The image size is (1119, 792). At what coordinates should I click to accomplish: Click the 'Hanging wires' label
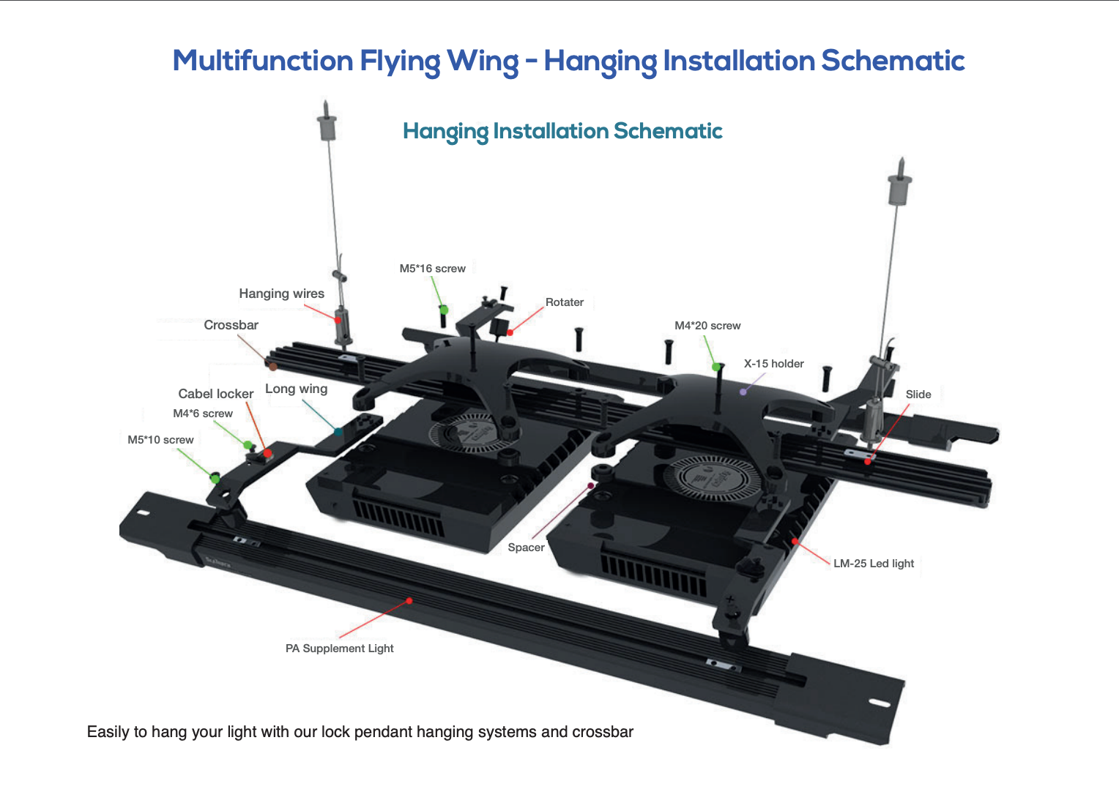coord(281,294)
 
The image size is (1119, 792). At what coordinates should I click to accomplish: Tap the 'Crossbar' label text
coord(231,325)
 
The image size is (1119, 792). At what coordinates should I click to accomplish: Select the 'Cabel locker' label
coord(215,394)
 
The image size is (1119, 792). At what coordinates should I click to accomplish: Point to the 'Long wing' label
coord(296,389)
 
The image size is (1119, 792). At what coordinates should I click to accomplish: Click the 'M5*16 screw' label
coord(432,269)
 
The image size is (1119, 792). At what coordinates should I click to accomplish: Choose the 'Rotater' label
coord(564,302)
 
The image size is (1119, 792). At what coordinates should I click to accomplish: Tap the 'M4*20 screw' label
coord(707,326)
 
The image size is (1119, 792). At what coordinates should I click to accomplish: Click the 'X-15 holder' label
coord(773,364)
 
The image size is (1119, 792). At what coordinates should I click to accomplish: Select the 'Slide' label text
coord(918,395)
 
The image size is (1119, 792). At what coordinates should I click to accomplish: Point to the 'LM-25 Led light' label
coord(873,564)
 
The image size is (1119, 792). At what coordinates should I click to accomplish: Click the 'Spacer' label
coord(526,548)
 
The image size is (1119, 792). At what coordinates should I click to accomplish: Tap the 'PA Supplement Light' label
coord(339,649)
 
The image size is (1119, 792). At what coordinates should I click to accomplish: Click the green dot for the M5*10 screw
coord(215,478)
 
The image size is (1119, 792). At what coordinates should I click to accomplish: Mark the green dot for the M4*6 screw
coord(248,445)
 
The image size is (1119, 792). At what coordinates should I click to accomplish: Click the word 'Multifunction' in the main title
coord(263,61)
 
